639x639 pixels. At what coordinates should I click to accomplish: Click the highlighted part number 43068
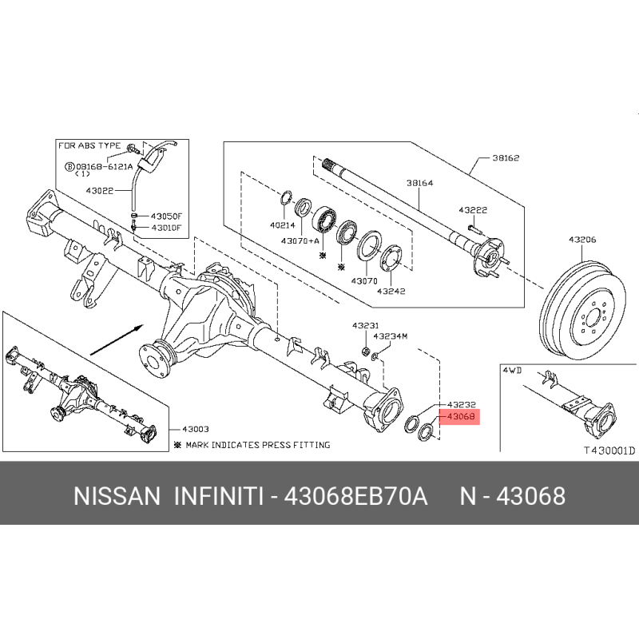click(461, 416)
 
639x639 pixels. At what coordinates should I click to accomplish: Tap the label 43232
click(462, 405)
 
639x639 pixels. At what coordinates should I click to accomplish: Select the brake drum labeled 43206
click(582, 310)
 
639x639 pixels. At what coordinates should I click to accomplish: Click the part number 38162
click(506, 157)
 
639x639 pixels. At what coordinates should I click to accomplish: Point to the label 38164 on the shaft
click(420, 183)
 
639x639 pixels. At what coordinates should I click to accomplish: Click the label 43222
click(473, 210)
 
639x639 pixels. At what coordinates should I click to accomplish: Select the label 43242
click(391, 291)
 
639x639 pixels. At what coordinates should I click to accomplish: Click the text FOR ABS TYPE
click(89, 145)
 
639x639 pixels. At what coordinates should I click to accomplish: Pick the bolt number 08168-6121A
click(105, 166)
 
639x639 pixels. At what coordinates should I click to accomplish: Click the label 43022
click(100, 190)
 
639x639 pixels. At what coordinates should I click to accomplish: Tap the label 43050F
click(167, 216)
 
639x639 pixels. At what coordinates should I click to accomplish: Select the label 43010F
click(166, 228)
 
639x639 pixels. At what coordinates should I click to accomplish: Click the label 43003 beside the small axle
click(196, 429)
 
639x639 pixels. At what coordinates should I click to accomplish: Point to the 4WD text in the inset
click(512, 370)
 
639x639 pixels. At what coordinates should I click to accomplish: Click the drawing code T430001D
click(609, 450)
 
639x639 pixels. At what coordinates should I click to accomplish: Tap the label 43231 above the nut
click(366, 325)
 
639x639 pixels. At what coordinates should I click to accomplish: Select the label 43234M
click(391, 336)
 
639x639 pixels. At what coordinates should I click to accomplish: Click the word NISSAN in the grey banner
click(117, 496)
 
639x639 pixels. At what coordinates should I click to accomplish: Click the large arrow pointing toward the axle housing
click(117, 340)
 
